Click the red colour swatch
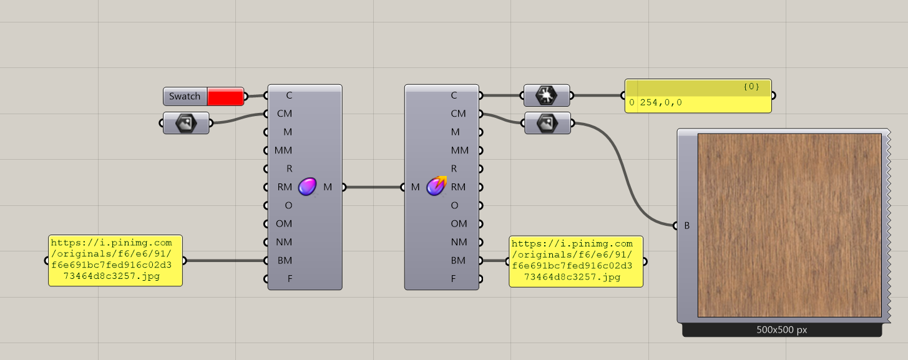225,97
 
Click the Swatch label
185,97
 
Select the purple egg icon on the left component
306,187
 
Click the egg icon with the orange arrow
437,185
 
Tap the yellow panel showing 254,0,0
698,103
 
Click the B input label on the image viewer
687,225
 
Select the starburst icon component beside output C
547,96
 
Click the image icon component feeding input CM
186,123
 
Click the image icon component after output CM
547,123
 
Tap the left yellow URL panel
115,261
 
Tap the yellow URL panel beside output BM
576,261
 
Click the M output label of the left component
328,187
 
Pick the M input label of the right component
415,187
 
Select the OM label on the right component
459,223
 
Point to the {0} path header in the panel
751,87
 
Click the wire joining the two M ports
373,187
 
